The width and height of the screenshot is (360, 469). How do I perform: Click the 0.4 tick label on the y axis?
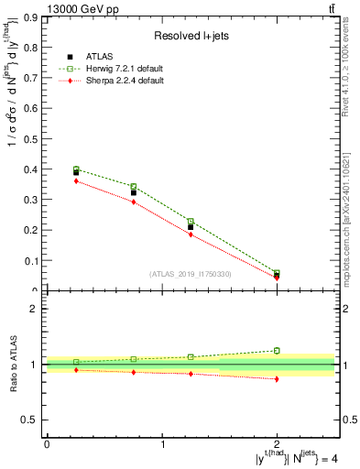pyautogui.click(x=32, y=169)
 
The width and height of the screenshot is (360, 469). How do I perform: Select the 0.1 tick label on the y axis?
pyautogui.click(x=32, y=261)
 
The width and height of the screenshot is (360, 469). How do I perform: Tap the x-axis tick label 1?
pyautogui.click(x=162, y=443)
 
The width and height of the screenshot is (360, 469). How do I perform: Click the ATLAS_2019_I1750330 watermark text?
pyautogui.click(x=191, y=274)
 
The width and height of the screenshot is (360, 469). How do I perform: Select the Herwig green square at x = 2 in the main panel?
pyautogui.click(x=277, y=273)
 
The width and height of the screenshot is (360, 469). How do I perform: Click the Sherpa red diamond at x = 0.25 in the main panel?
pyautogui.click(x=76, y=180)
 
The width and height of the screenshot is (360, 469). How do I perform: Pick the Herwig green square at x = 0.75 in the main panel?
pyautogui.click(x=134, y=187)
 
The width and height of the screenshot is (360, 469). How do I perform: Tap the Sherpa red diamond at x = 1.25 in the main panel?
pyautogui.click(x=191, y=234)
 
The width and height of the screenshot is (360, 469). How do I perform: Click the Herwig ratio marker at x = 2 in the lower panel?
pyautogui.click(x=277, y=350)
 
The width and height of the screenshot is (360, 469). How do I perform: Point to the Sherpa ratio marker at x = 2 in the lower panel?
pyautogui.click(x=277, y=378)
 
